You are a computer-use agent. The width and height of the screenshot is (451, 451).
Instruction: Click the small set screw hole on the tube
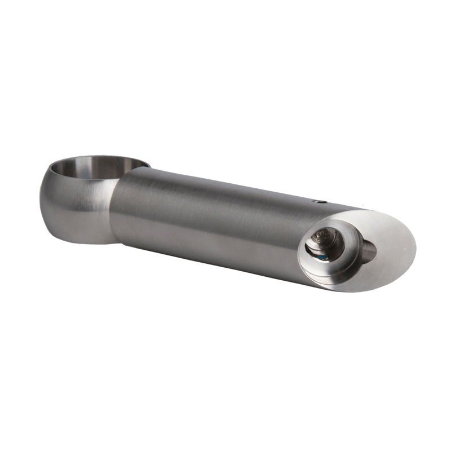319,200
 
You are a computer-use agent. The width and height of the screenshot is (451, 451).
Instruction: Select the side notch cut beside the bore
366,250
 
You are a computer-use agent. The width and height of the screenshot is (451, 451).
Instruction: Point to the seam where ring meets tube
116,209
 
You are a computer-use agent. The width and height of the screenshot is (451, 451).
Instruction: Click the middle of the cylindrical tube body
214,220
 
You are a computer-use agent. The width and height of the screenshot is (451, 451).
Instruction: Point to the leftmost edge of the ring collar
41,197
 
